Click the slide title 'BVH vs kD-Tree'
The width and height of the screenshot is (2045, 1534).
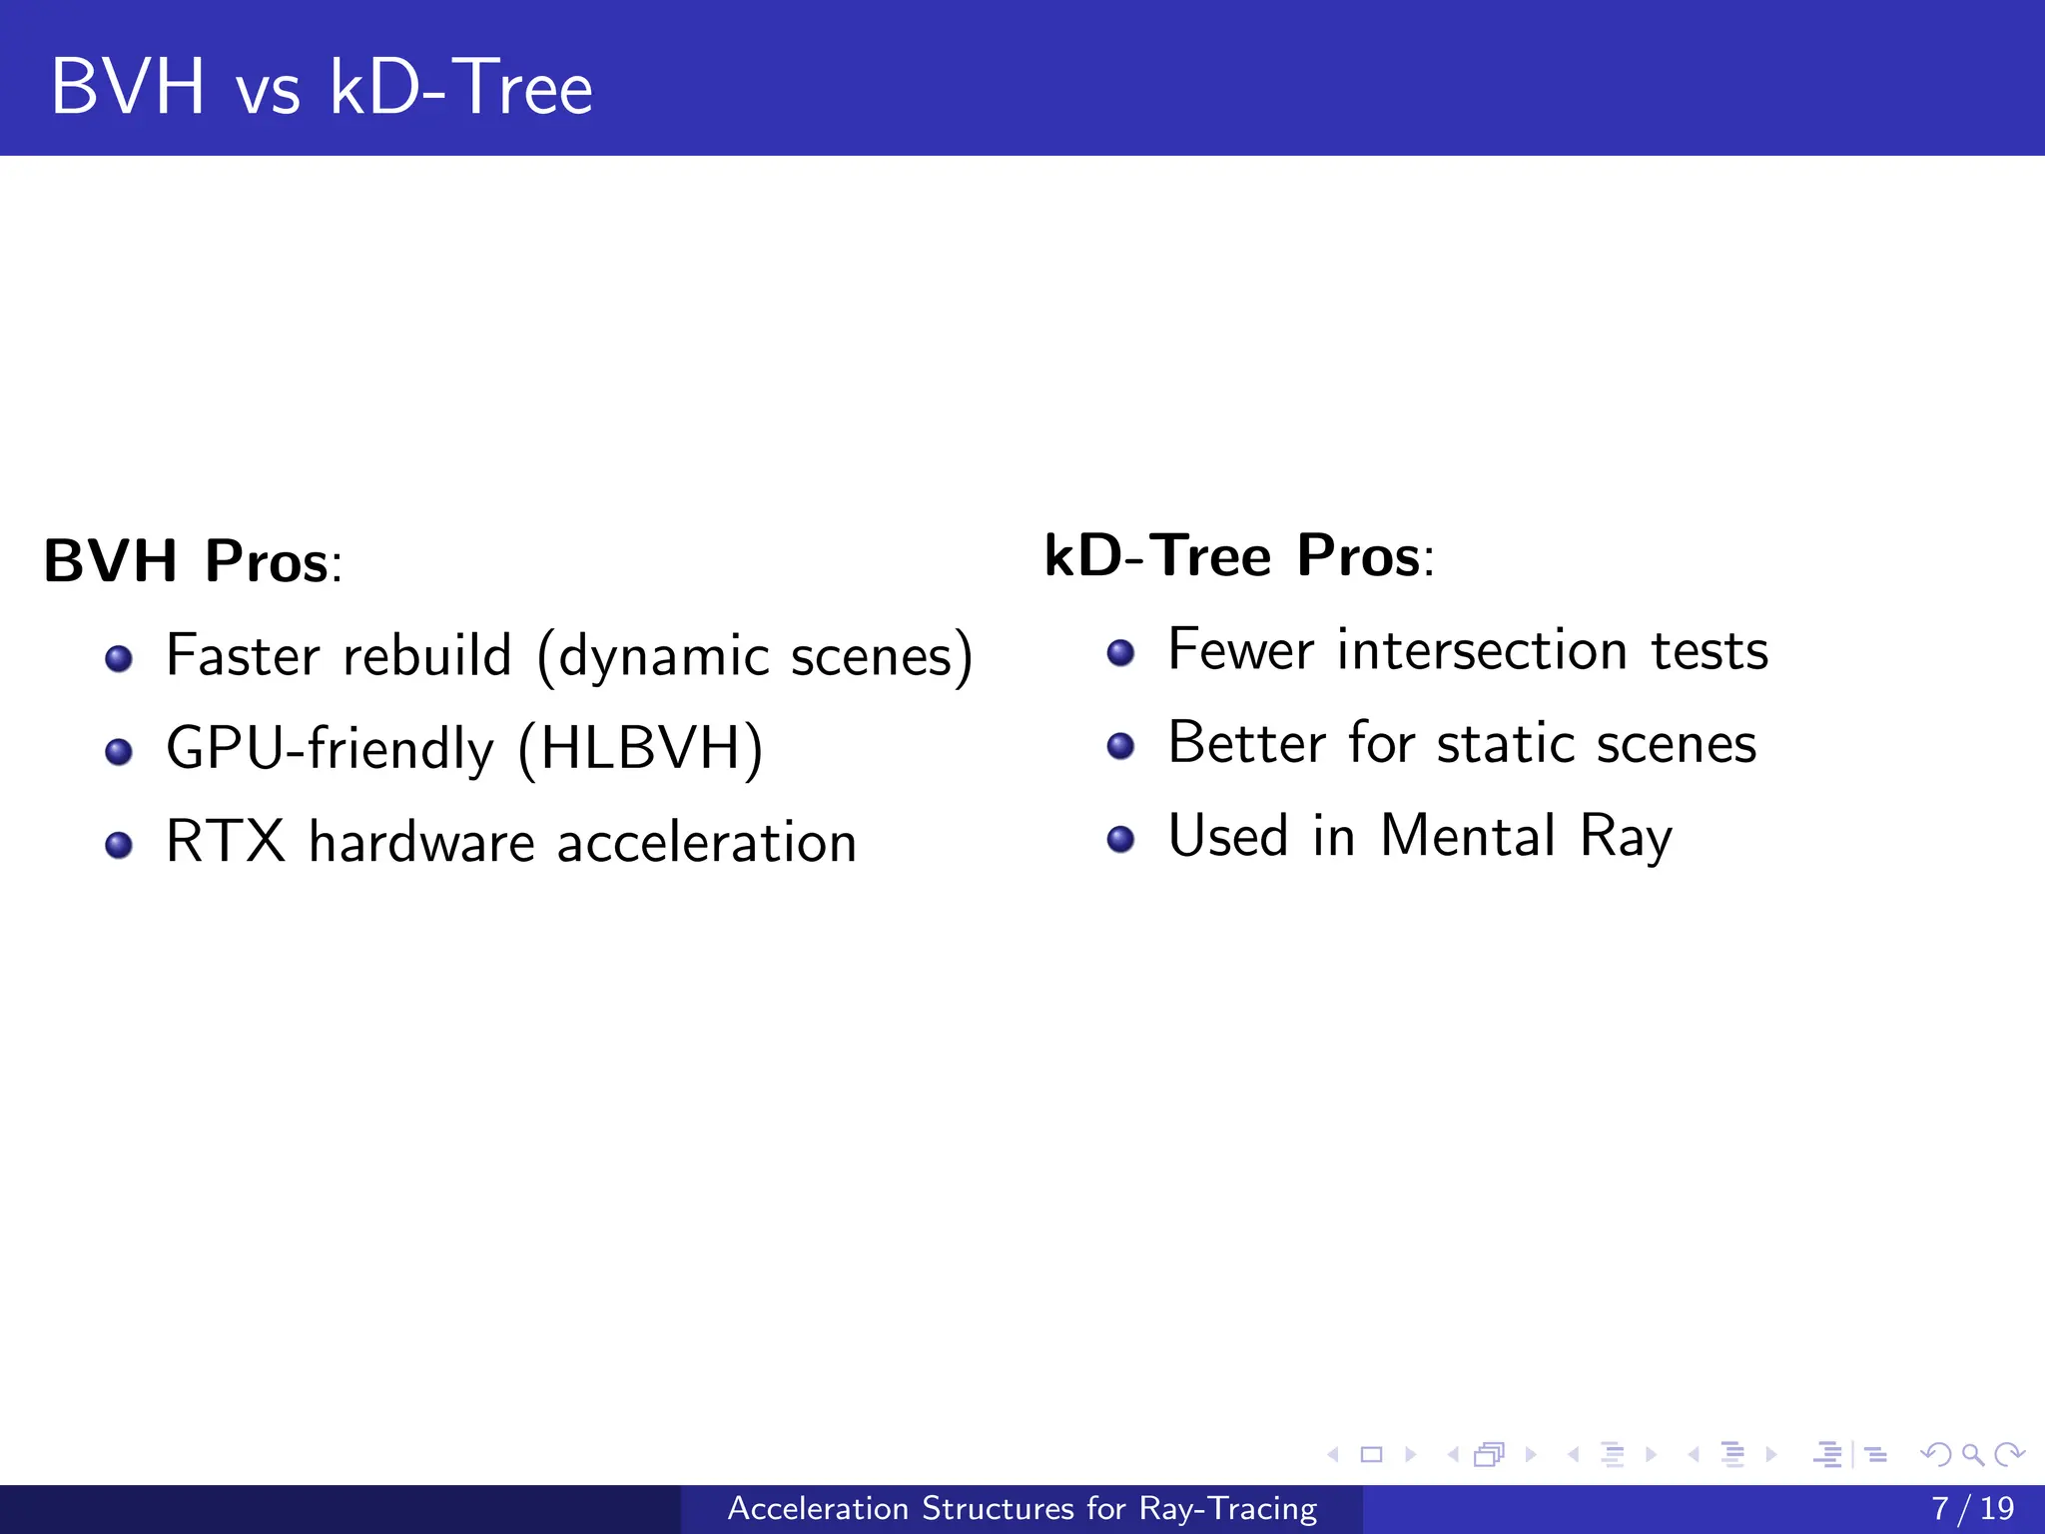[322, 88]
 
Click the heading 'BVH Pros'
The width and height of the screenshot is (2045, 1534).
[186, 561]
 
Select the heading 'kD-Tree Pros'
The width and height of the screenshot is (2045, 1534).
[1232, 556]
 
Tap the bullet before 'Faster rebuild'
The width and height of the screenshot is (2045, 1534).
[119, 659]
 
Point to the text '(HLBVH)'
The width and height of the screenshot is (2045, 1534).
[640, 749]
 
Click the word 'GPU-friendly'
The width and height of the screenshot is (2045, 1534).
[330, 749]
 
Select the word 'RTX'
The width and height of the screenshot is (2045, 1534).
[226, 842]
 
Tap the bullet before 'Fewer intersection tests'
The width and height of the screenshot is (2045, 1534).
[1120, 653]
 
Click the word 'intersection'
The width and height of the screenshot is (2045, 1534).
[1482, 651]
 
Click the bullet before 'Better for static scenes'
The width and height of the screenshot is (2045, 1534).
[1120, 746]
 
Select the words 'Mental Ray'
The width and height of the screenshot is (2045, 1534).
[1525, 837]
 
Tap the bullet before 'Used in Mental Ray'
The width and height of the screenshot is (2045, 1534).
[1120, 839]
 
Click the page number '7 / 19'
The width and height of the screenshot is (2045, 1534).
[1972, 1509]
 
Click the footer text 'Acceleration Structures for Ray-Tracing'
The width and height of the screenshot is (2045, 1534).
[1022, 1509]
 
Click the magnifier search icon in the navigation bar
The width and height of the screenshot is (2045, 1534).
[1972, 1455]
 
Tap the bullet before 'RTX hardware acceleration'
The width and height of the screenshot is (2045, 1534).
[119, 846]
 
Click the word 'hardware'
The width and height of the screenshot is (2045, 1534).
[422, 842]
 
